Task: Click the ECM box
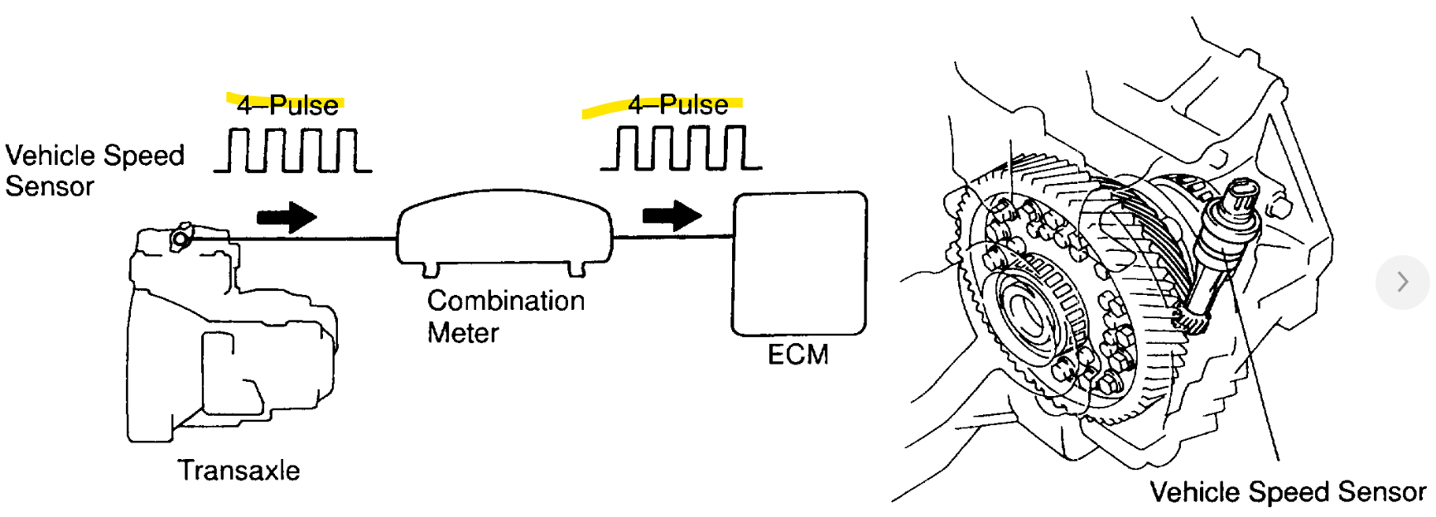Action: [x=799, y=263]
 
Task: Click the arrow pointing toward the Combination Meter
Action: [x=287, y=217]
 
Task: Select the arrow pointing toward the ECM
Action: [x=672, y=215]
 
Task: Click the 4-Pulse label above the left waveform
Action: [x=287, y=105]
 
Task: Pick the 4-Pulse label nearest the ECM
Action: [x=677, y=104]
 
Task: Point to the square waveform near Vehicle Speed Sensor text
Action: [x=293, y=150]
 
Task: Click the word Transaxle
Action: [x=239, y=470]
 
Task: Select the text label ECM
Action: [x=798, y=355]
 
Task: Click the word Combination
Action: [x=505, y=300]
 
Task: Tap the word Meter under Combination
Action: [x=463, y=333]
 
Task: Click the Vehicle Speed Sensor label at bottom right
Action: [x=1287, y=491]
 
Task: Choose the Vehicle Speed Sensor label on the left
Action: [x=94, y=171]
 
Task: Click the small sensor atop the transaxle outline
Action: [x=180, y=239]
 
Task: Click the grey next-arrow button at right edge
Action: [x=1402, y=282]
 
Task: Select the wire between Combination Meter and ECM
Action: [x=672, y=237]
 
